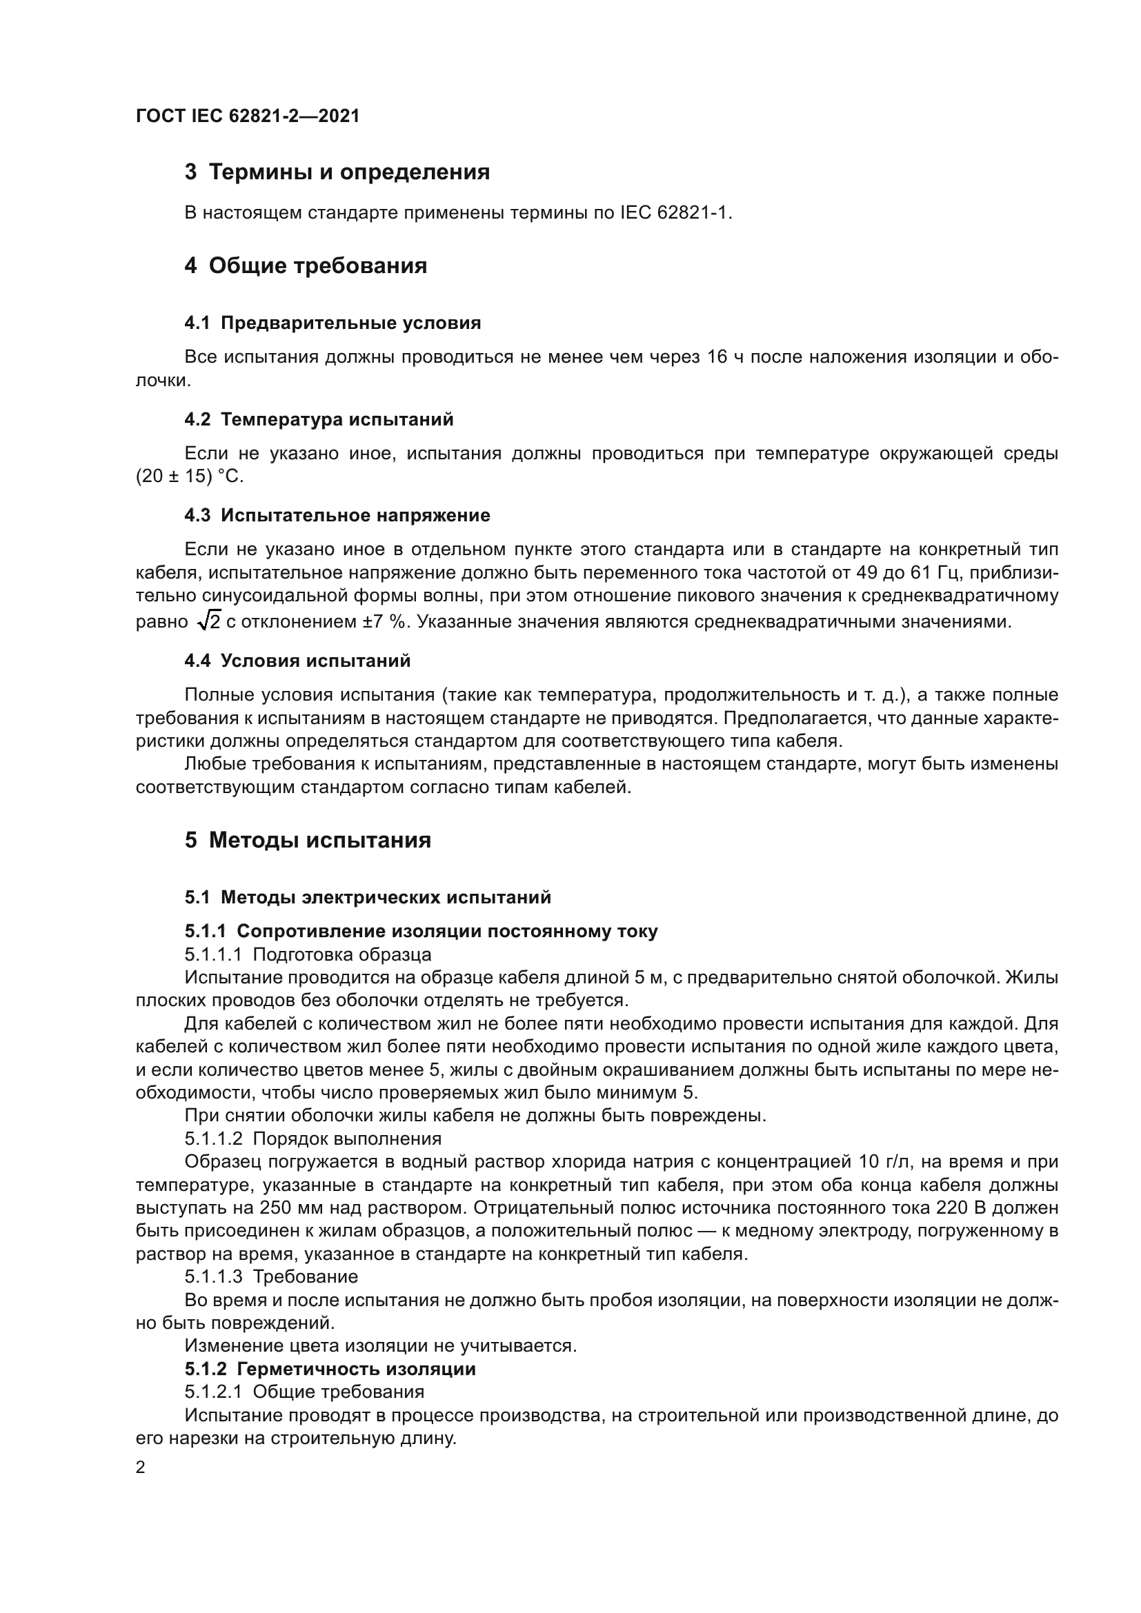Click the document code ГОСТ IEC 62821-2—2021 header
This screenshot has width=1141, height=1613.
pyautogui.click(x=248, y=116)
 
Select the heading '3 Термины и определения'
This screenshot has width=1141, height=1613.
pyautogui.click(x=337, y=172)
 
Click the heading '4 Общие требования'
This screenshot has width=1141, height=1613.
pyautogui.click(x=306, y=266)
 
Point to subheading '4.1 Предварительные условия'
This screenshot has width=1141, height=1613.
pyautogui.click(x=333, y=323)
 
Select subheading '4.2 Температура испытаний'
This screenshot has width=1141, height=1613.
pyautogui.click(x=319, y=419)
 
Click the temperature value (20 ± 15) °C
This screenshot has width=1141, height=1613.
pyautogui.click(x=190, y=477)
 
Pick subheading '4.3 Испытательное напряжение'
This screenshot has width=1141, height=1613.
pyautogui.click(x=337, y=515)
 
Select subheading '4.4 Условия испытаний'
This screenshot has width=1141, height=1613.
pyautogui.click(x=297, y=661)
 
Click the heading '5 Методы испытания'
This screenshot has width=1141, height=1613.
pyautogui.click(x=308, y=840)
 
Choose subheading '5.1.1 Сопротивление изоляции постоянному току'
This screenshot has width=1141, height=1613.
pyautogui.click(x=421, y=932)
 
